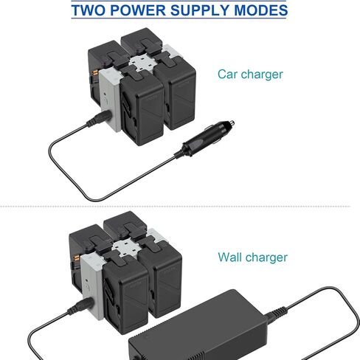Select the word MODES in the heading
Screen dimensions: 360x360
point(260,10)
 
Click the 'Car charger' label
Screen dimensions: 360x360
point(250,75)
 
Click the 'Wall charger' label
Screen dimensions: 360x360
point(252,257)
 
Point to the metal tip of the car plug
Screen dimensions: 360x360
point(231,123)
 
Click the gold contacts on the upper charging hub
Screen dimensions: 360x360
point(94,73)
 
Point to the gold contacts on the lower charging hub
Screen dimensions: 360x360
point(76,258)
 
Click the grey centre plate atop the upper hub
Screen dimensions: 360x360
point(141,63)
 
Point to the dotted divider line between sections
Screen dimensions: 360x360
point(175,207)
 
